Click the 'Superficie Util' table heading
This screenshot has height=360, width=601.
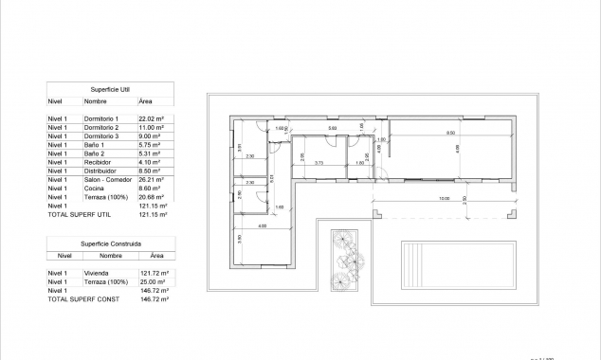point(111,88)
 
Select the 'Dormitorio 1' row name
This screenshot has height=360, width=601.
point(101,118)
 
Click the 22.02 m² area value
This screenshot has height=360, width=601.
point(152,118)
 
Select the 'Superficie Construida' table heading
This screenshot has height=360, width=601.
point(110,243)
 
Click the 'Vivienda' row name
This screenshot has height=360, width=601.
point(97,273)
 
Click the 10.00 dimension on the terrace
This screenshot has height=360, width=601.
point(444,199)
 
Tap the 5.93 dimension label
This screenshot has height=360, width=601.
point(332,128)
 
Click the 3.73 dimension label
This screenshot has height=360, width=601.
point(319,163)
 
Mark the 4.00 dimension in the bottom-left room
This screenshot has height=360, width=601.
point(262,226)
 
